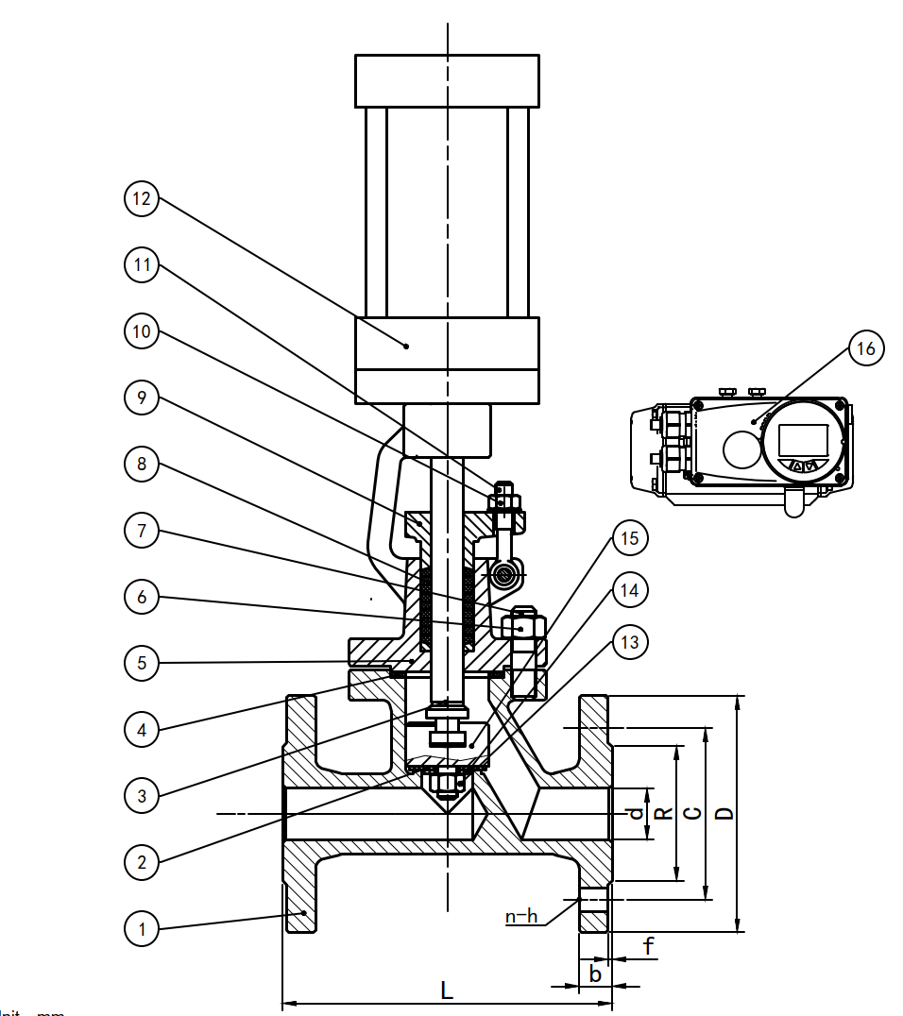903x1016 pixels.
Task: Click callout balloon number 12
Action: tap(142, 199)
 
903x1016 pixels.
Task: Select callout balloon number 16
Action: tap(865, 348)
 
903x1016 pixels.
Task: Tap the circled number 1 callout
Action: tap(142, 929)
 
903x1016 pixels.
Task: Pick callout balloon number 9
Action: tap(142, 398)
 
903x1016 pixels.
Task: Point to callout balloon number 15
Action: tap(628, 539)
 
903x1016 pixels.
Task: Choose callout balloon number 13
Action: tap(628, 643)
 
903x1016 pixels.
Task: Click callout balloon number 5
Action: tap(142, 663)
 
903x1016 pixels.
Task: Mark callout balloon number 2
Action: tap(142, 861)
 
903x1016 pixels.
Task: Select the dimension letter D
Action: tap(724, 813)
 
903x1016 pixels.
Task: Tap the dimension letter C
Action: tap(693, 813)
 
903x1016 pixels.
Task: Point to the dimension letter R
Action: tap(664, 813)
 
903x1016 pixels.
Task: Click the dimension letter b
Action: tap(595, 974)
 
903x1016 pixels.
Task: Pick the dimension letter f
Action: tap(649, 945)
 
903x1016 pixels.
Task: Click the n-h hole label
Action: tap(521, 916)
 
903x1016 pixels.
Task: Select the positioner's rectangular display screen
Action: tap(803, 440)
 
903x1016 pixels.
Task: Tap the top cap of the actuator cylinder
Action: tap(447, 80)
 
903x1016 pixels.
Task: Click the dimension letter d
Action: tap(637, 813)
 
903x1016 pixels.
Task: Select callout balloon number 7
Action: tap(142, 531)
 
